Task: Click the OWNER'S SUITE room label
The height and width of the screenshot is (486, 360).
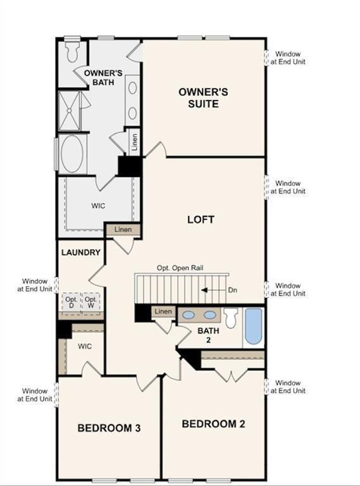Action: (203, 97)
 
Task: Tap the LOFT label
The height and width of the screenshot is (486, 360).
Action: (201, 220)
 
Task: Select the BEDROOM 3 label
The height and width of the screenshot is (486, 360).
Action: (109, 428)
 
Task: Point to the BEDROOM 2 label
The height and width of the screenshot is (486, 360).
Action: (213, 423)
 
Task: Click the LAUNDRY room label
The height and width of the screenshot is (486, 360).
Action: (81, 252)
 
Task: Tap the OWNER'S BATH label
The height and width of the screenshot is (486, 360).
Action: (102, 78)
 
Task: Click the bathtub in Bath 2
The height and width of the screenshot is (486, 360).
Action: (253, 326)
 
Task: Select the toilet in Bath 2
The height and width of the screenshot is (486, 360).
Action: (231, 317)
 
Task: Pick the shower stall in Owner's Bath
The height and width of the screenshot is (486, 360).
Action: (71, 110)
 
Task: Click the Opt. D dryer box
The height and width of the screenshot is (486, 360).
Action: (71, 302)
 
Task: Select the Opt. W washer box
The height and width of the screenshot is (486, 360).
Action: (91, 302)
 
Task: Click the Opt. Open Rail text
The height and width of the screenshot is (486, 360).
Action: (180, 268)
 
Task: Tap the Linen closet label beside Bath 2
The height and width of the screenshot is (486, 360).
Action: (163, 311)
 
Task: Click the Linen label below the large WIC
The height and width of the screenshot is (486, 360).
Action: (123, 229)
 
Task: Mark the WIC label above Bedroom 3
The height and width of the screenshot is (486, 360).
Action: (85, 347)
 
